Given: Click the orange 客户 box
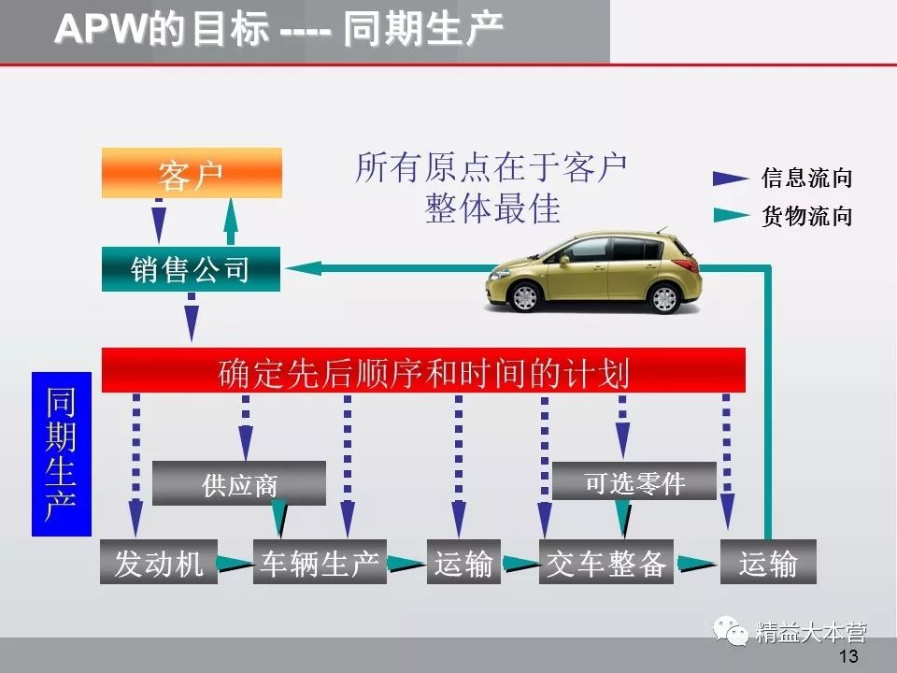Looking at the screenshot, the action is click(192, 173).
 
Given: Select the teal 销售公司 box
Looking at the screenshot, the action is click(192, 269).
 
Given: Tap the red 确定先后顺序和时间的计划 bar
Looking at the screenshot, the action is click(423, 370).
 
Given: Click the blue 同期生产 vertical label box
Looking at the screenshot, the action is click(62, 453).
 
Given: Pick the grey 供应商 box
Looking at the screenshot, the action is click(239, 484).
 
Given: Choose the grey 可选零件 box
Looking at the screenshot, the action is click(634, 482).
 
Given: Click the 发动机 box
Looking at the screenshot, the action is click(159, 563).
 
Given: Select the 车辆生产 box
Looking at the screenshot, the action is click(320, 563).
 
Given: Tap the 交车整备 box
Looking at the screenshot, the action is click(606, 563).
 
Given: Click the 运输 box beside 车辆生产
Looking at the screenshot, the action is click(463, 563).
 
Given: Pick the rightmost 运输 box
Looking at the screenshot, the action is click(768, 563).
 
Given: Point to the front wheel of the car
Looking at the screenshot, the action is click(525, 296).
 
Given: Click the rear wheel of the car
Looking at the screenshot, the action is click(664, 297).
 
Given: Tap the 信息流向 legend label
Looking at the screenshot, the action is click(806, 178).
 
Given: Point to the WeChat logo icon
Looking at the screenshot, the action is click(733, 632).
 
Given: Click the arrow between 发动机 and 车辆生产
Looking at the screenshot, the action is click(235, 564).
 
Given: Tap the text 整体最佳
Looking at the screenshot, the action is click(492, 208).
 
